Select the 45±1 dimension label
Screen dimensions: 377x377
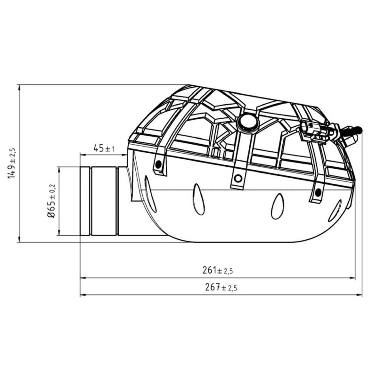pyautogui.click(x=104, y=148)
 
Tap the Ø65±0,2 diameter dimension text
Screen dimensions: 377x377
pyautogui.click(x=51, y=201)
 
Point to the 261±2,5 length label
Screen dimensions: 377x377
pyautogui.click(x=218, y=270)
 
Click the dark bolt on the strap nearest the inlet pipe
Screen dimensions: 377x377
pyautogui.click(x=158, y=164)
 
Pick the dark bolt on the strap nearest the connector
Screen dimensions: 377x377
pyautogui.click(x=319, y=191)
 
